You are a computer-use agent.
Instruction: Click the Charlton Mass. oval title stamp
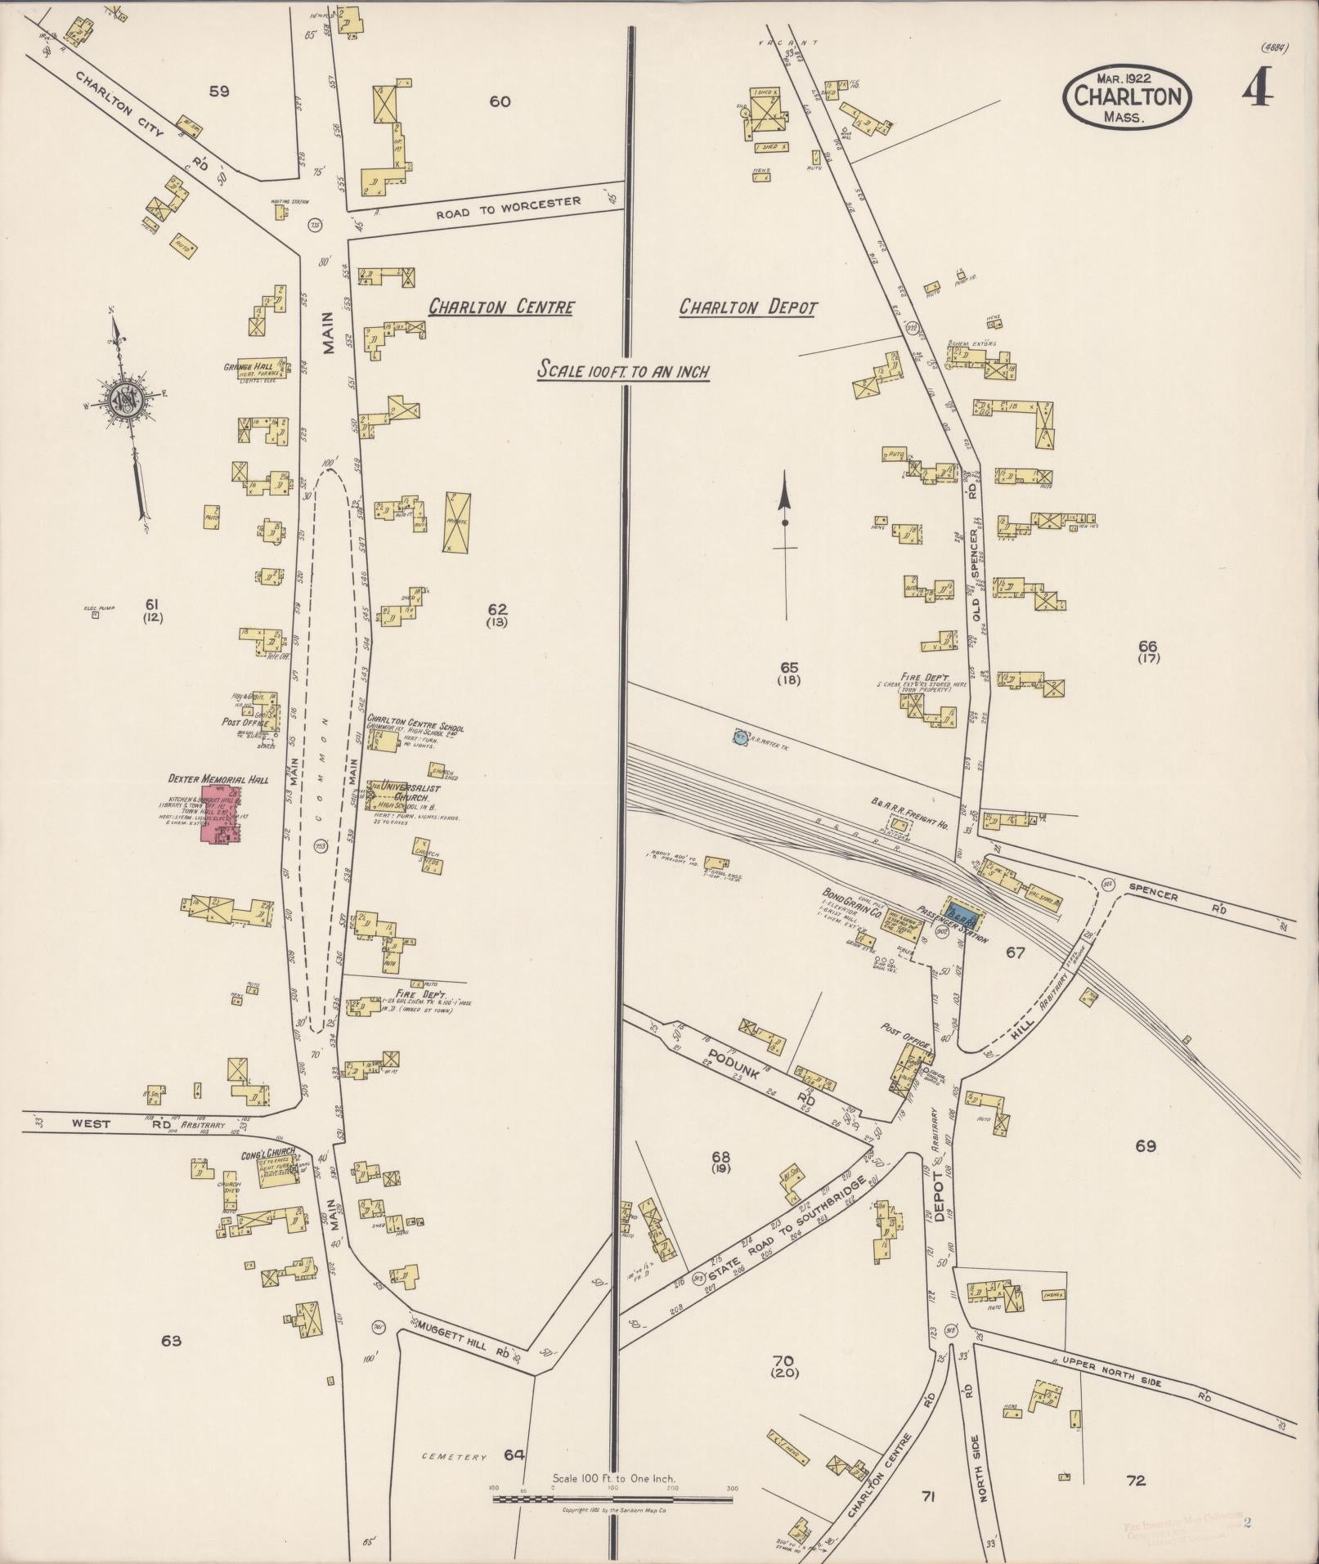1127,96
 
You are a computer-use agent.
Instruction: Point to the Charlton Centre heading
501,307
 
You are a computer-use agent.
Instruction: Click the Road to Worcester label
508,206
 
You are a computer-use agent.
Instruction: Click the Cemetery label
455,1457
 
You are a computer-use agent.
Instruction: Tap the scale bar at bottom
612,1499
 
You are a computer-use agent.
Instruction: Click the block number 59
218,92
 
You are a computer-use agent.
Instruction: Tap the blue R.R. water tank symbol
740,736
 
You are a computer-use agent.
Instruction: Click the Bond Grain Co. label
851,908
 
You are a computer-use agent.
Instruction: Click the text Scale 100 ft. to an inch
622,370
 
